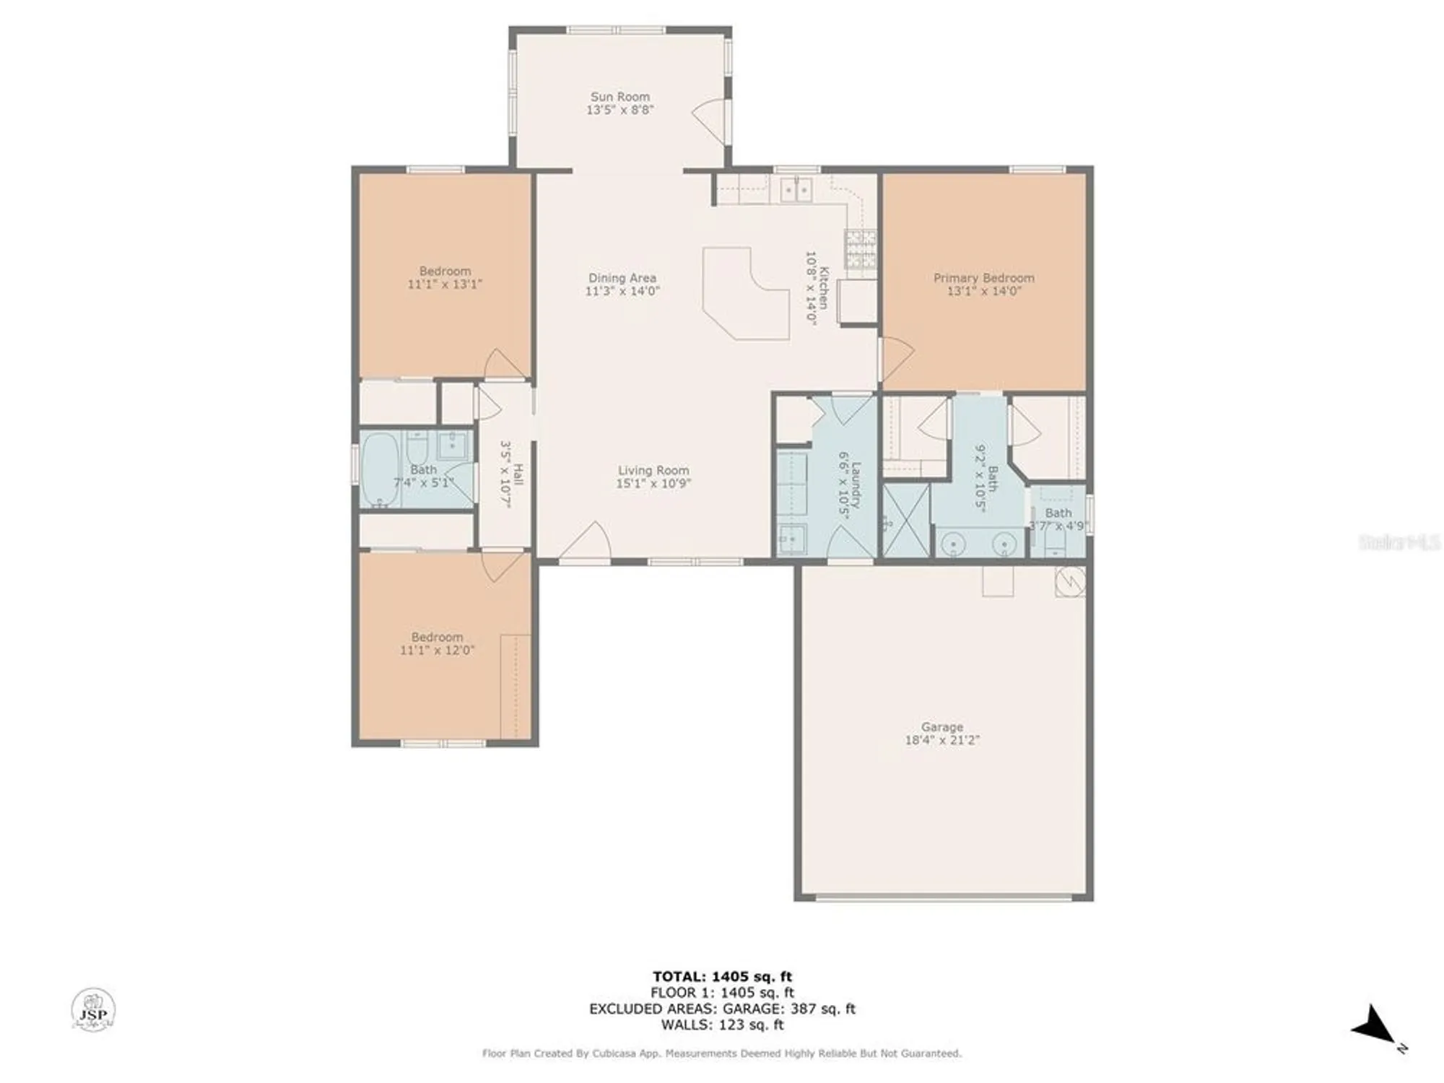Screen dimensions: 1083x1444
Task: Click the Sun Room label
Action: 619,97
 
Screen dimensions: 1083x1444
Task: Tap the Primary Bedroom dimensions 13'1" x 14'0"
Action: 983,291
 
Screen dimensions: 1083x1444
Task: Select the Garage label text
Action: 941,727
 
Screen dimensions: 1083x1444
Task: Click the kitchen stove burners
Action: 861,249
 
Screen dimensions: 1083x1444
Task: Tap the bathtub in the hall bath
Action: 378,469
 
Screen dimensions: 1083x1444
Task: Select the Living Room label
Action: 653,470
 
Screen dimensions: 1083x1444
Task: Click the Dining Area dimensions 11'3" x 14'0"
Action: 622,291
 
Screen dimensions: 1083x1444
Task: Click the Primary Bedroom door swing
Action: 897,357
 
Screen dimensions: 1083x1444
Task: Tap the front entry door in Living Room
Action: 588,541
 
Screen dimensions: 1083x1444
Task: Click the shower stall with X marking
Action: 905,520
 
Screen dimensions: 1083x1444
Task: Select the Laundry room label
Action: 856,485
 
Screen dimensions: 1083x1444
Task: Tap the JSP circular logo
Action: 93,1009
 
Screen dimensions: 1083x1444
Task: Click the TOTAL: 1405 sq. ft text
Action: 722,977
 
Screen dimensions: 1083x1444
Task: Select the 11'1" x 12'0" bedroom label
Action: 437,650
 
